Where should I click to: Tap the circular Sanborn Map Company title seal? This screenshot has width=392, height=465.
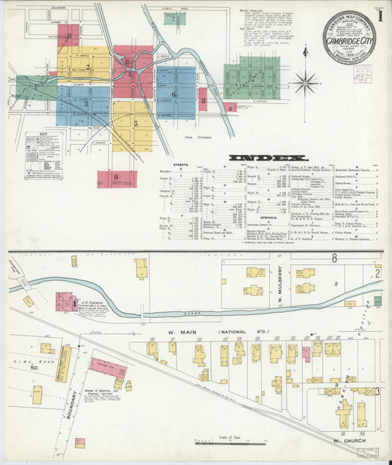point(349,36)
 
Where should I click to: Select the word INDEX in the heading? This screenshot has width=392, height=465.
point(268,157)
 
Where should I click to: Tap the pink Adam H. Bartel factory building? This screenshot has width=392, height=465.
point(107,366)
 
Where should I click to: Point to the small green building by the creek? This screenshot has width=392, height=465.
point(377,301)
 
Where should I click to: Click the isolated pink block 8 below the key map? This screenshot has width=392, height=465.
point(117,179)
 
